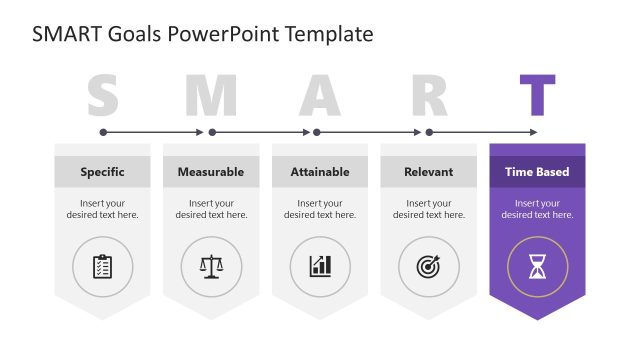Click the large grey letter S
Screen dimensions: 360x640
103,96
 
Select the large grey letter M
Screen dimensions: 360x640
210,96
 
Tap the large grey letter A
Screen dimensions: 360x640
320,96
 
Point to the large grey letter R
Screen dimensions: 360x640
429,96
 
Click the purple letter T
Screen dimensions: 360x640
537,96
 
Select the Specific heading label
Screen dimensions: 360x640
102,172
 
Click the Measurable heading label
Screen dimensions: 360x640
211,172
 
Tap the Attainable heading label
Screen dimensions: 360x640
320,172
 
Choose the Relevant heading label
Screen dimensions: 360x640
429,172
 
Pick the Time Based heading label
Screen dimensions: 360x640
537,172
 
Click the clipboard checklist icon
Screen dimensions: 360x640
102,266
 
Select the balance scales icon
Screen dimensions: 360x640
211,266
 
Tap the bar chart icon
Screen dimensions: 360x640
320,266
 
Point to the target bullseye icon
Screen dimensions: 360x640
429,266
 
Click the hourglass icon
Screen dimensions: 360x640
537,266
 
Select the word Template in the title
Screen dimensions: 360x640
329,34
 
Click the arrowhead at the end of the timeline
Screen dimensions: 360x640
533,132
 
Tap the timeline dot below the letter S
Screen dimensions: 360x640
103,132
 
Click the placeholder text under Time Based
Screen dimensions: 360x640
537,209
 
